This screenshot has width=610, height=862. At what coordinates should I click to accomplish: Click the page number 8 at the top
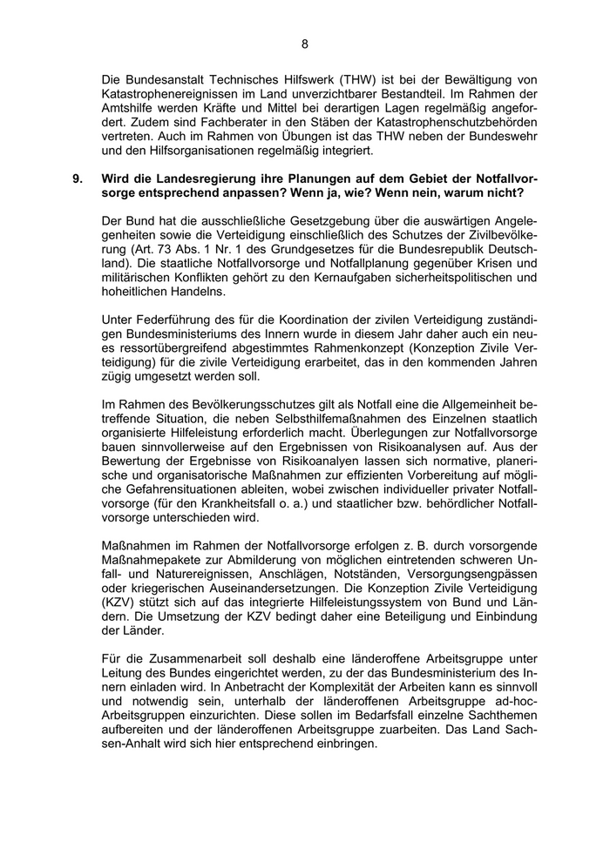pyautogui.click(x=305, y=44)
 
